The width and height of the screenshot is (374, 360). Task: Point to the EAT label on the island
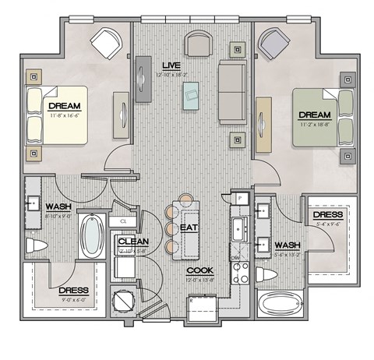pyautogui.click(x=188, y=228)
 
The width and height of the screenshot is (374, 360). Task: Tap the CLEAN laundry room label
pyautogui.click(x=133, y=242)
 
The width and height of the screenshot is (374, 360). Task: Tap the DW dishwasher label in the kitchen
pyautogui.click(x=234, y=258)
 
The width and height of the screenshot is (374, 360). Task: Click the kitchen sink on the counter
pyautogui.click(x=239, y=231)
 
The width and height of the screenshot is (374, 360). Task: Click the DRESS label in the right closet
pyautogui.click(x=326, y=216)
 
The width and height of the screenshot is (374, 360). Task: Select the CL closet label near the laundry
pyautogui.click(x=123, y=222)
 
